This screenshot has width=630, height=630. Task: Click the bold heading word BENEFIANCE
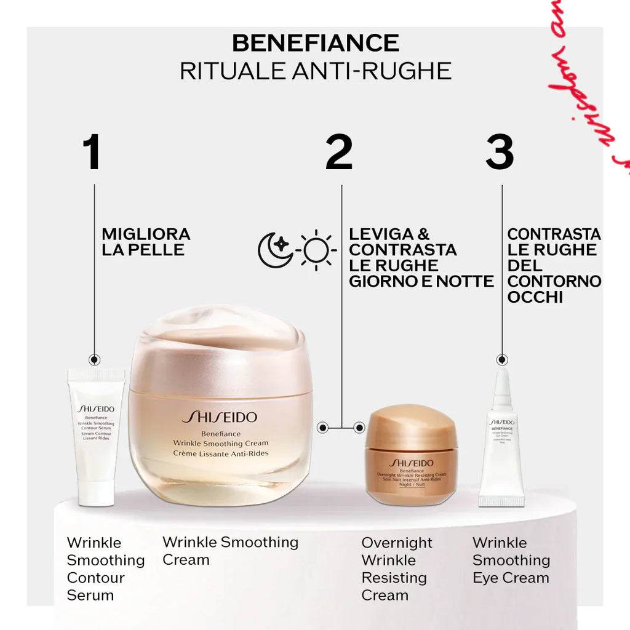coord(315,43)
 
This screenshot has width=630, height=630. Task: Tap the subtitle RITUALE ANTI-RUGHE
coord(315,71)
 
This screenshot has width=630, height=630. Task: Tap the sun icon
coord(317,250)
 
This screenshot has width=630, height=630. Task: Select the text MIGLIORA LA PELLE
coord(146,242)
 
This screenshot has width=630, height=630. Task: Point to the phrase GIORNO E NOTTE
coord(421,281)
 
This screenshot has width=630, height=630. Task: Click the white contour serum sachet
coord(96,437)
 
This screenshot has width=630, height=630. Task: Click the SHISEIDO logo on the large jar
coord(220,418)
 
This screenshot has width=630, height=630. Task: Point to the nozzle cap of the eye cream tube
coord(502,385)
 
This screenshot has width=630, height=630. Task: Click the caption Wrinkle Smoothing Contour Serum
coord(105,569)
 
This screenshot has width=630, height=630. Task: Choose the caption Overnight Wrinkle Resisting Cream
coord(396,569)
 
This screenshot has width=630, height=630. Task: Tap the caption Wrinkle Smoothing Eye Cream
coord(511,560)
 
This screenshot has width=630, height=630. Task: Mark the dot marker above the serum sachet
coord(94,360)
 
